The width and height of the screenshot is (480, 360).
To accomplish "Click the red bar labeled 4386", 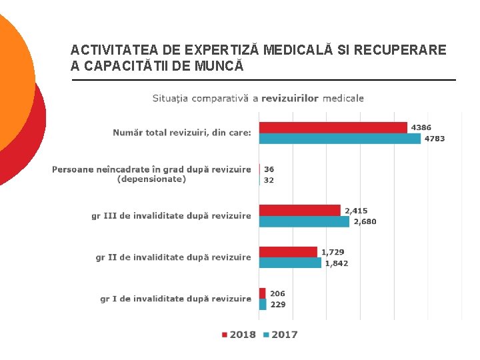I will (x=333, y=127).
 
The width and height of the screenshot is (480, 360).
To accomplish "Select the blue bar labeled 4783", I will (x=340, y=139).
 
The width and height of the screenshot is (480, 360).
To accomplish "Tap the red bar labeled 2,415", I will (x=299, y=210).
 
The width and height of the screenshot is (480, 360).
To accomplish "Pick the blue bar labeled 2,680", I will (x=304, y=221).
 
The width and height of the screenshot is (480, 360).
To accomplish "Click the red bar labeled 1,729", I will (x=288, y=252).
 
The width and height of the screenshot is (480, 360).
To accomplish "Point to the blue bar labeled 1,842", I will (x=290, y=263).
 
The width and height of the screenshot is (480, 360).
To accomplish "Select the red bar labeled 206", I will (x=263, y=293).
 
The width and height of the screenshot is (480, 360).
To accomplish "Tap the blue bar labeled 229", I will (x=263, y=305).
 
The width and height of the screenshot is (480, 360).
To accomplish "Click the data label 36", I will (x=269, y=169).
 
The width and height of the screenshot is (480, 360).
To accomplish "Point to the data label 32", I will (x=269, y=180).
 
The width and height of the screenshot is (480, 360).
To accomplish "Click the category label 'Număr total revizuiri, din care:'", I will (x=182, y=133).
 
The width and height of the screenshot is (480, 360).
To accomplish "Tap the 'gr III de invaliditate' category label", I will (x=171, y=215).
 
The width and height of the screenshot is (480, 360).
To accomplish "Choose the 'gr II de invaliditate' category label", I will (x=173, y=257).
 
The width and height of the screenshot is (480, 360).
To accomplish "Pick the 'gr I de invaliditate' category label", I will (x=175, y=299).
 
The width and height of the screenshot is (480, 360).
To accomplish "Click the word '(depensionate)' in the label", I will (x=151, y=179).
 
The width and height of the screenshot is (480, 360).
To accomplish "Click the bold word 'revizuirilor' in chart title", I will (x=290, y=98).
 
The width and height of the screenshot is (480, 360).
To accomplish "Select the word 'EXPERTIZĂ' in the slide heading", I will (x=224, y=50).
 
